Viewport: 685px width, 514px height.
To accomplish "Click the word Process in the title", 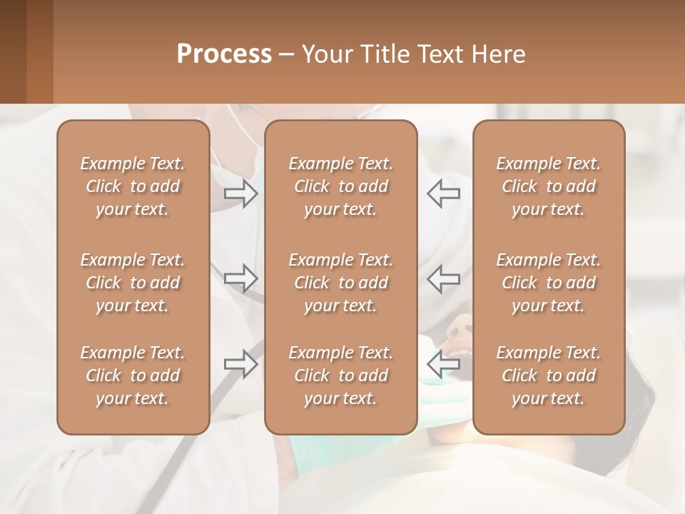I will [224, 54].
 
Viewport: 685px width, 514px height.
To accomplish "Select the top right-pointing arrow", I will [240, 193].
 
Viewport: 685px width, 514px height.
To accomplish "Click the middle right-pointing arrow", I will [240, 278].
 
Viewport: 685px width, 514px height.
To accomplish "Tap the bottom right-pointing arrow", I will [240, 364].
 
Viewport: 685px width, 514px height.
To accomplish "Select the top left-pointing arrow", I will [443, 193].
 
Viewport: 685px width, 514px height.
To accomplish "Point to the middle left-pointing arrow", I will [443, 278].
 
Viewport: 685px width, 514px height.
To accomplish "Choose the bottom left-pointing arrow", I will [443, 364].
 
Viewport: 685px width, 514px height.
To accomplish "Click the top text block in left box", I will [133, 186].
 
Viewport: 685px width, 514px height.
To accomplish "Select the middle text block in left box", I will [133, 283].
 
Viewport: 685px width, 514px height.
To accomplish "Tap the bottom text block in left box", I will [133, 376].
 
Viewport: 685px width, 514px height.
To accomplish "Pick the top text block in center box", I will [340, 186].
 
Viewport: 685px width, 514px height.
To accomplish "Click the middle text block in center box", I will [340, 283].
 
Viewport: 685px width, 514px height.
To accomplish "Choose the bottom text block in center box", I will [340, 376].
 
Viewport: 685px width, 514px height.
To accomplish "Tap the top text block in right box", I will [548, 186].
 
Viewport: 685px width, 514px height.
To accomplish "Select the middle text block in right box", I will [548, 283].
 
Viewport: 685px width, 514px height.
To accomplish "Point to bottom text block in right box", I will [548, 376].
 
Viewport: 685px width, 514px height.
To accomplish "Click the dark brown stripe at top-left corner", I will [13, 51].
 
